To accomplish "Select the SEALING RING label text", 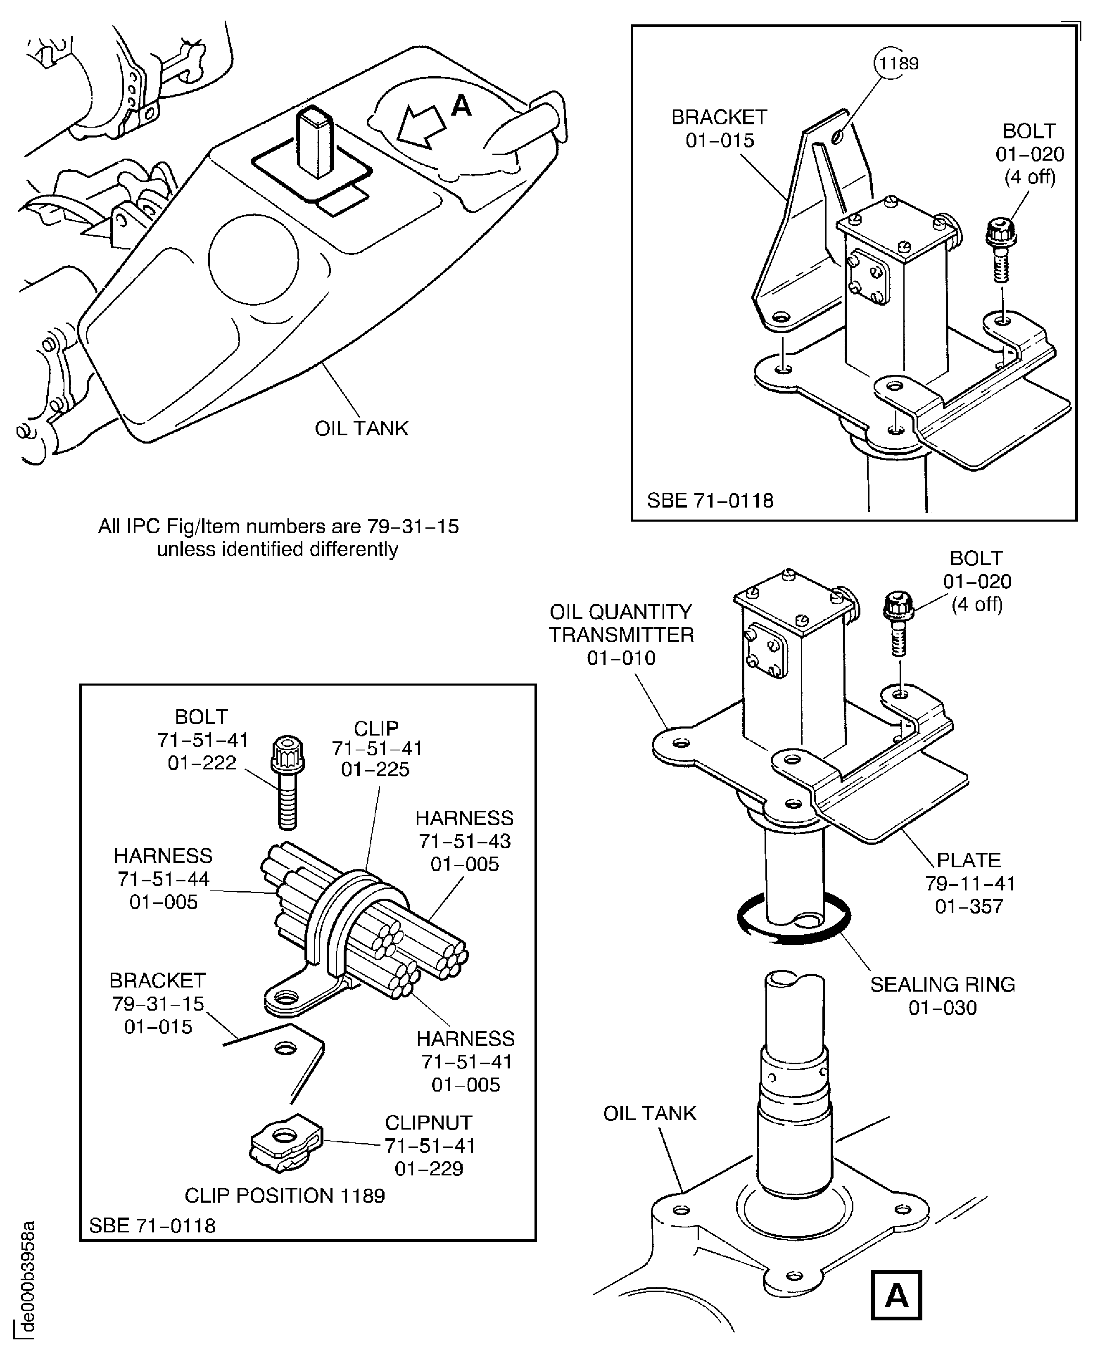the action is pos(942,996).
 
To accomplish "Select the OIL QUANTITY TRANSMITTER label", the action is pos(621,634).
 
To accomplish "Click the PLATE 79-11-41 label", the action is pos(969,883).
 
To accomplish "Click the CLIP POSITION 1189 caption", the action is pos(285,1195).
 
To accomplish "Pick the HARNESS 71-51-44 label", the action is pos(164,878).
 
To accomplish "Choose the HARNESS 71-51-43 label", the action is pos(464,841).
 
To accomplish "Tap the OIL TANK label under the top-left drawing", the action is pos(361,428).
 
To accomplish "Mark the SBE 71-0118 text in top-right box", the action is pos(710,501).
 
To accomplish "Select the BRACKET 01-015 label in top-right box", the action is pos(719,129).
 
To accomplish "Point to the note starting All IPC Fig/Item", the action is pos(278,537).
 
